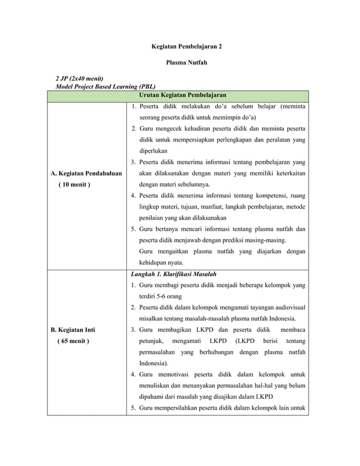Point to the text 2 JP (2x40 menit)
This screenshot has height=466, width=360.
79,78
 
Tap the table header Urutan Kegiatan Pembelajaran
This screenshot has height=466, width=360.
178,95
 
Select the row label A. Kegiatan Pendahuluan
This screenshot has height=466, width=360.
86,173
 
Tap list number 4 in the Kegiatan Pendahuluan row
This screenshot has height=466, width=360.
133,196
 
